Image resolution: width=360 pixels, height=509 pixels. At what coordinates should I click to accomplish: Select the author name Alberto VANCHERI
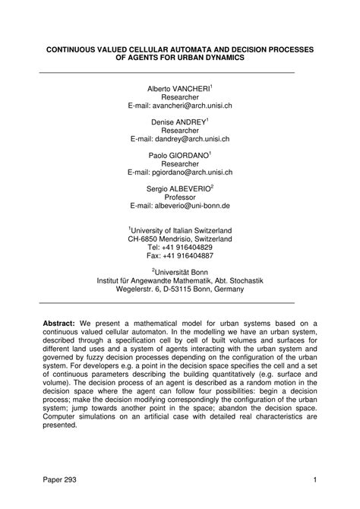tap(178, 89)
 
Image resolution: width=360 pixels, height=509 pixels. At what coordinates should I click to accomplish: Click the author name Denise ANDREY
tap(178, 121)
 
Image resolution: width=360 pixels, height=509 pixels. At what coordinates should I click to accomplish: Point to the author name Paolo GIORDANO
tap(178, 153)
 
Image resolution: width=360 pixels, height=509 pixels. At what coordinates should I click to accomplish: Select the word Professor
tap(180, 196)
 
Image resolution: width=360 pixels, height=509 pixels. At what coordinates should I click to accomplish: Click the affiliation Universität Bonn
tap(182, 270)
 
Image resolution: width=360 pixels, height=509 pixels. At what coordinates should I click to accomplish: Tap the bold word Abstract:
tap(58, 323)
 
